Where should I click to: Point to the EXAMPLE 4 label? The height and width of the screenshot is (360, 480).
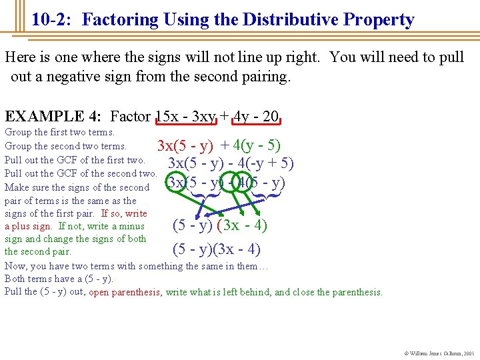click(53, 117)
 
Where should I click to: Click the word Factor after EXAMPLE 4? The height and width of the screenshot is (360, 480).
click(131, 117)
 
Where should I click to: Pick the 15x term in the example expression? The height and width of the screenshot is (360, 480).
click(168, 117)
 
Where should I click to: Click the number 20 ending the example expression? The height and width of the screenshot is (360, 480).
click(271, 117)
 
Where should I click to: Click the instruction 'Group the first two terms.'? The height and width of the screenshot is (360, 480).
click(60, 132)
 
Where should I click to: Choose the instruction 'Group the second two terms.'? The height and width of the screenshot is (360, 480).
click(65, 146)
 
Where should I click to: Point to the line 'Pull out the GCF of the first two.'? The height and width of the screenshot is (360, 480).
click(75, 160)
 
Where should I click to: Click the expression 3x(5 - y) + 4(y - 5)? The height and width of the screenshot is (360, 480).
click(218, 145)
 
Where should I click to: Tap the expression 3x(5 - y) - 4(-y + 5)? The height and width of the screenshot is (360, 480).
click(231, 163)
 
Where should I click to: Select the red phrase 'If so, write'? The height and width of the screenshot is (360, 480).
click(124, 213)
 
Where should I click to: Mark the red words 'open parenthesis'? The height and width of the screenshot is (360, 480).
click(125, 292)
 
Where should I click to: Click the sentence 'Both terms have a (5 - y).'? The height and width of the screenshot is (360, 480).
click(59, 279)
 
